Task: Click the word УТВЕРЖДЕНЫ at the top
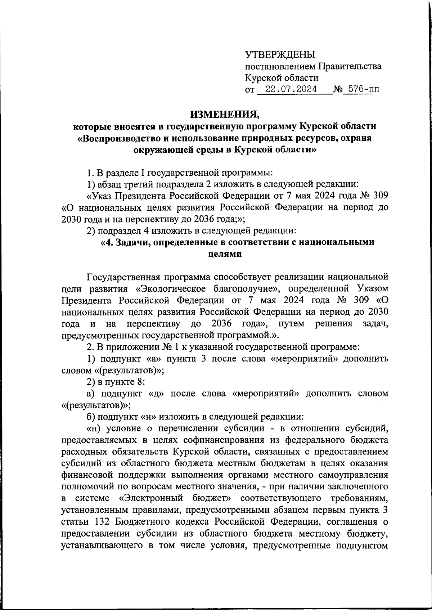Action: pyautogui.click(x=280, y=55)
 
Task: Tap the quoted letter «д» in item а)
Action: pyautogui.click(x=156, y=394)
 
